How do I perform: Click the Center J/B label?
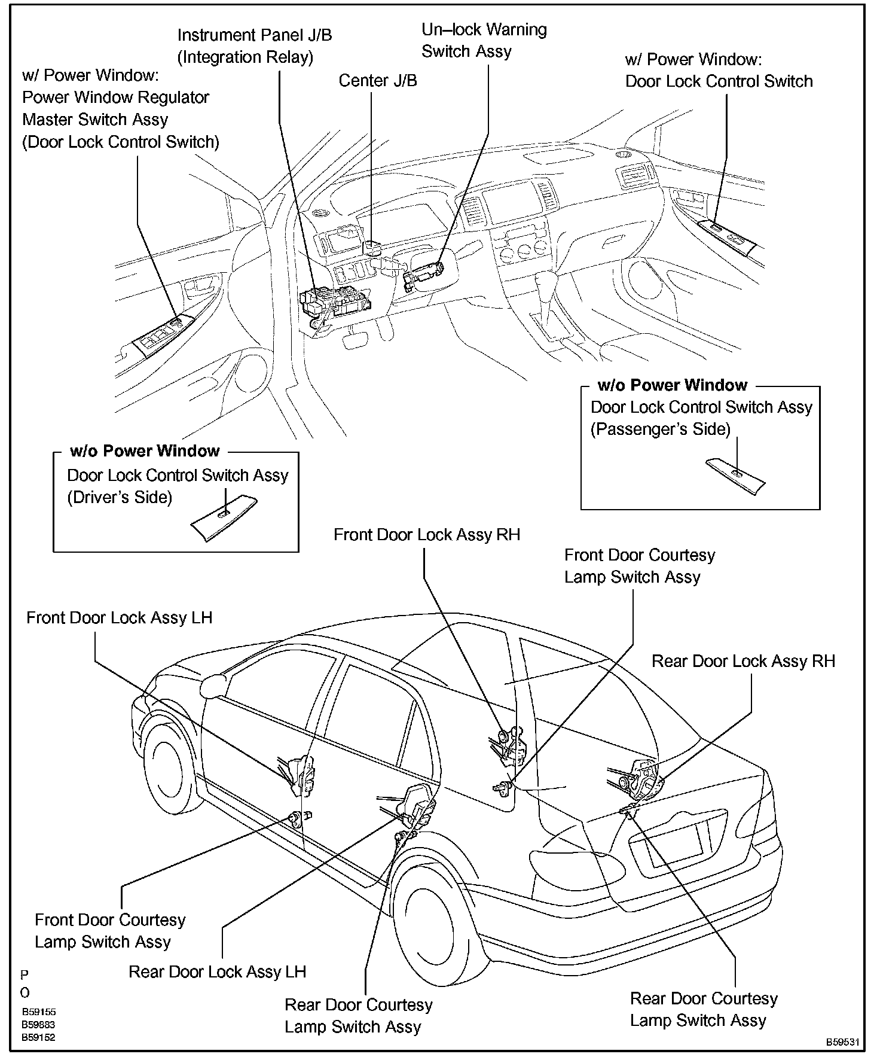378,81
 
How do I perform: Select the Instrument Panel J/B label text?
254,46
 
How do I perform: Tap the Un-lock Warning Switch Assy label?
484,40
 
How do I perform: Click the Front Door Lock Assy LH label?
119,617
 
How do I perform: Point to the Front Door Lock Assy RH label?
426,534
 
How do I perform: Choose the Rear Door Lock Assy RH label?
742,661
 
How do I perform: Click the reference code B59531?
842,1041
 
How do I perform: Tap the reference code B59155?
39,1012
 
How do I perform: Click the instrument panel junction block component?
335,303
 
